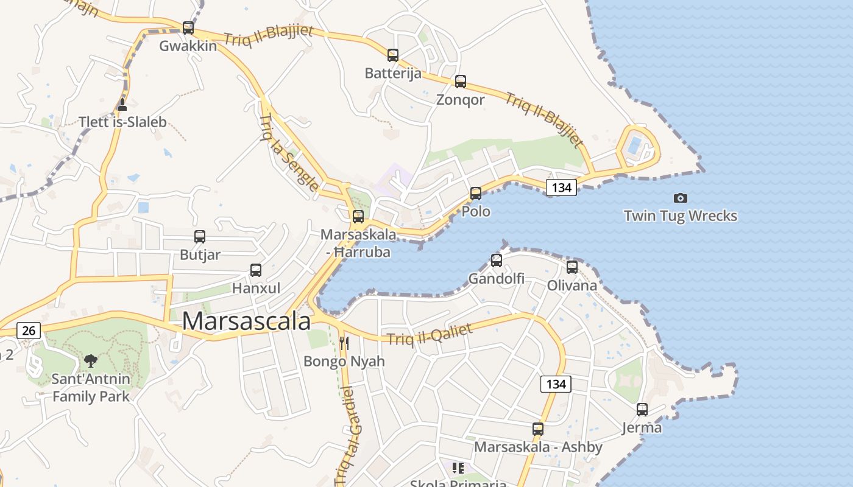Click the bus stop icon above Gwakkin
[x=188, y=28]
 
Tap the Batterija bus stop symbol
[x=393, y=55]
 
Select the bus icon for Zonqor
[x=461, y=82]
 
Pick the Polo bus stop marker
[x=476, y=194]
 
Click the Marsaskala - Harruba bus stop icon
[x=358, y=217]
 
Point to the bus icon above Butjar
[x=200, y=237]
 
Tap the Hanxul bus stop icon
[x=256, y=270]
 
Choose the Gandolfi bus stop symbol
[x=497, y=261]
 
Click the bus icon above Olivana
[x=572, y=267]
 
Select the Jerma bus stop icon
[x=642, y=410]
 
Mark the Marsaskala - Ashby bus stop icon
[x=538, y=429]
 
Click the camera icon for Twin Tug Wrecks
[x=681, y=198]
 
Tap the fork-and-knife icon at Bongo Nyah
[x=344, y=343]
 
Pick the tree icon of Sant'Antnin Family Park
[x=91, y=361]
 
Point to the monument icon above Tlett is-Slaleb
[x=122, y=105]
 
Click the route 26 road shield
[x=29, y=331]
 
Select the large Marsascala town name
[x=246, y=321]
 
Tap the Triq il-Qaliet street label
[x=430, y=335]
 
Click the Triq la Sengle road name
[x=289, y=152]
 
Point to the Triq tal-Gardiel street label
[x=348, y=435]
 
